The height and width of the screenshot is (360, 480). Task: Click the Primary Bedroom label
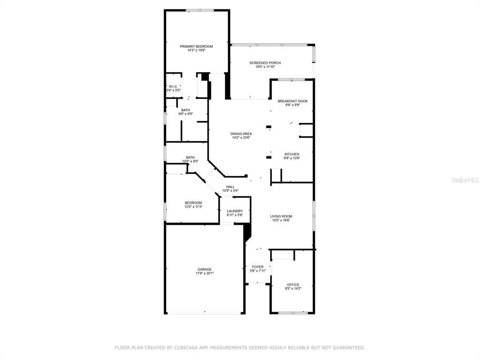tap(196, 46)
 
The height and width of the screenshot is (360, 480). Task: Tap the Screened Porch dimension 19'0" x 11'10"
tap(265, 67)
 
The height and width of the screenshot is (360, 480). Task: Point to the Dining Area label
tap(241, 134)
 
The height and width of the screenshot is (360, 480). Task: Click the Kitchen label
tap(292, 154)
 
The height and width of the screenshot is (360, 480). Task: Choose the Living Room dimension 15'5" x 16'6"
tap(280, 220)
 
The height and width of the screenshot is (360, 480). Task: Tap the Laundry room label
tap(234, 211)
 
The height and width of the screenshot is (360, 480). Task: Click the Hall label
tap(230, 187)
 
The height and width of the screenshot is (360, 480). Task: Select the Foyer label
tap(257, 267)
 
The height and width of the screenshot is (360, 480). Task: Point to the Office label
tap(293, 285)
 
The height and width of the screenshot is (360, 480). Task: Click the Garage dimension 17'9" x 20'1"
tap(204, 273)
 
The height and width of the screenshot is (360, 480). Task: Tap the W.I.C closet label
tap(172, 86)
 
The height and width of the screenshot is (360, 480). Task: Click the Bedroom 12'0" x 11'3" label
tap(193, 202)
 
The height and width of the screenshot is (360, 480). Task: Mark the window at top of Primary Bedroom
tap(200, 10)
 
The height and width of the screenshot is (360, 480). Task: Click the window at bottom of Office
tap(293, 313)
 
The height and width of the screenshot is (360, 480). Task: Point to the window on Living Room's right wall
tap(314, 216)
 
